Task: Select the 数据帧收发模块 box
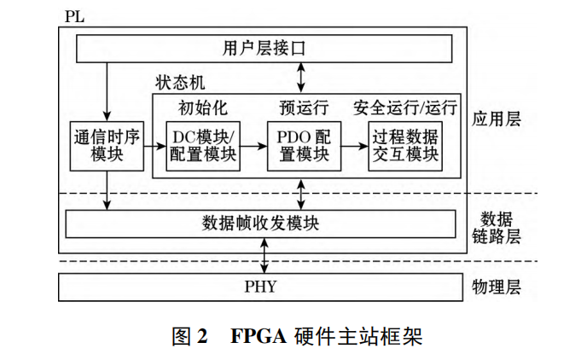261,224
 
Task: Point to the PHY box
260,286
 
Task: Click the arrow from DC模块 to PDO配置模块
253,146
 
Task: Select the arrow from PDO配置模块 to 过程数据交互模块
352,146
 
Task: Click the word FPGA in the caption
257,335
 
